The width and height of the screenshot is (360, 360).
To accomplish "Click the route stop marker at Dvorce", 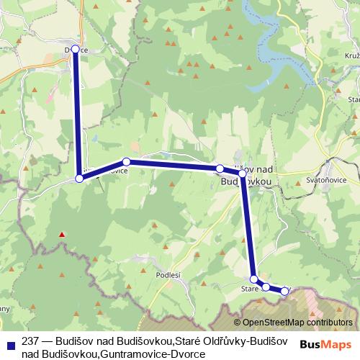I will pyautogui.click(x=75, y=49).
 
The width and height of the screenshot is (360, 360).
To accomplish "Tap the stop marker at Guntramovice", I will pyautogui.click(x=126, y=162).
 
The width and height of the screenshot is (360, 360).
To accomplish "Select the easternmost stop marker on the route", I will pyautogui.click(x=284, y=292).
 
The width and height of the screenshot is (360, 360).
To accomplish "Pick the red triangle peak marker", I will pyautogui.click(x=63, y=234).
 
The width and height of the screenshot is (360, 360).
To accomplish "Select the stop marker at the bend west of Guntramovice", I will pyautogui.click(x=79, y=178).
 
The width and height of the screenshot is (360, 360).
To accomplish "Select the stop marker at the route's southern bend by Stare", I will pyautogui.click(x=253, y=279).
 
